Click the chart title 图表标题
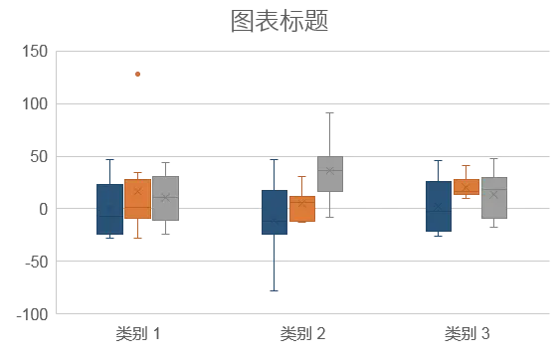pos(280,21)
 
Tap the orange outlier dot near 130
pos(137,75)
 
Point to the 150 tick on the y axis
pos(35,52)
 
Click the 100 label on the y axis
pos(35,104)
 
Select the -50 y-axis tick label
pos(36,262)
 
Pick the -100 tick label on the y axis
pos(32,314)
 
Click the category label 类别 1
pos(138,333)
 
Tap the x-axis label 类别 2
pos(302,333)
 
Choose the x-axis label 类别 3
pos(467,333)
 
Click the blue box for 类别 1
pos(110,209)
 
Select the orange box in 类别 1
pos(138,199)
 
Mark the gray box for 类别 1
pos(166,198)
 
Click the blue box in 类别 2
pos(275,212)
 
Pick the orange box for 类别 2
pos(302,209)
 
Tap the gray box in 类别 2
pos(330,174)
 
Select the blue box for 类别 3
pos(439,207)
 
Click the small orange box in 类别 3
pos(467,187)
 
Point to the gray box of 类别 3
pos(494,198)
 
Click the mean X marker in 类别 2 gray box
pos(330,171)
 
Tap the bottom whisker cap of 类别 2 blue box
pos(275,291)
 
